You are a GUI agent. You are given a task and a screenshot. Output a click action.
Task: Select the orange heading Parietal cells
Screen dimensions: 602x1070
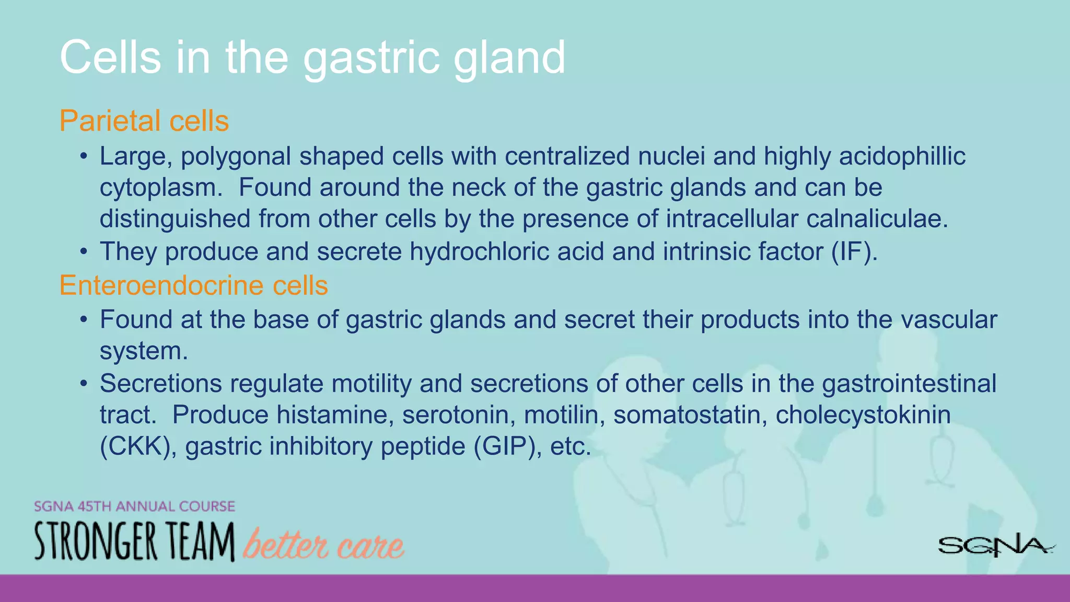coord(144,121)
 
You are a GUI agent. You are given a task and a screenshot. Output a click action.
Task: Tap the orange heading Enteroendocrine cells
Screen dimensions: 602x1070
coord(193,285)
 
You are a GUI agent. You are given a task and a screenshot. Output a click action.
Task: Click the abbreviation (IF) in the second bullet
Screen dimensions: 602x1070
coord(853,251)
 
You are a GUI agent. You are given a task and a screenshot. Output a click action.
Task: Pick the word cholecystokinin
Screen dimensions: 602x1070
coord(863,415)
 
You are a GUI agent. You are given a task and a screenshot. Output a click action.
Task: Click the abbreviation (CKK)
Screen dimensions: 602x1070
coord(138,446)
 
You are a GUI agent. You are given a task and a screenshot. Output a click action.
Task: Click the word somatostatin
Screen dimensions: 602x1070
coord(690,415)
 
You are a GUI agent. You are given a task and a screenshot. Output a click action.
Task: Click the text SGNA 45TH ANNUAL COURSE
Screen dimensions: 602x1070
coord(134,506)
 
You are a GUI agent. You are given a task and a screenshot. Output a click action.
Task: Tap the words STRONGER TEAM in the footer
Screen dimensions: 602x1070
coord(134,542)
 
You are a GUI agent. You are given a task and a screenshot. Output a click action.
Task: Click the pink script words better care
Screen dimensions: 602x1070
coord(323,545)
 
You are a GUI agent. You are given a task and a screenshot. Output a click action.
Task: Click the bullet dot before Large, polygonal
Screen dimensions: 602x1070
coord(84,156)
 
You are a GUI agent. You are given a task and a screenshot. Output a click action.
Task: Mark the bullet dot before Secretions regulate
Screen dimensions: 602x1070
coord(84,384)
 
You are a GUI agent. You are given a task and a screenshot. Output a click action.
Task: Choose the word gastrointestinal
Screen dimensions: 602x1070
coord(909,384)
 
